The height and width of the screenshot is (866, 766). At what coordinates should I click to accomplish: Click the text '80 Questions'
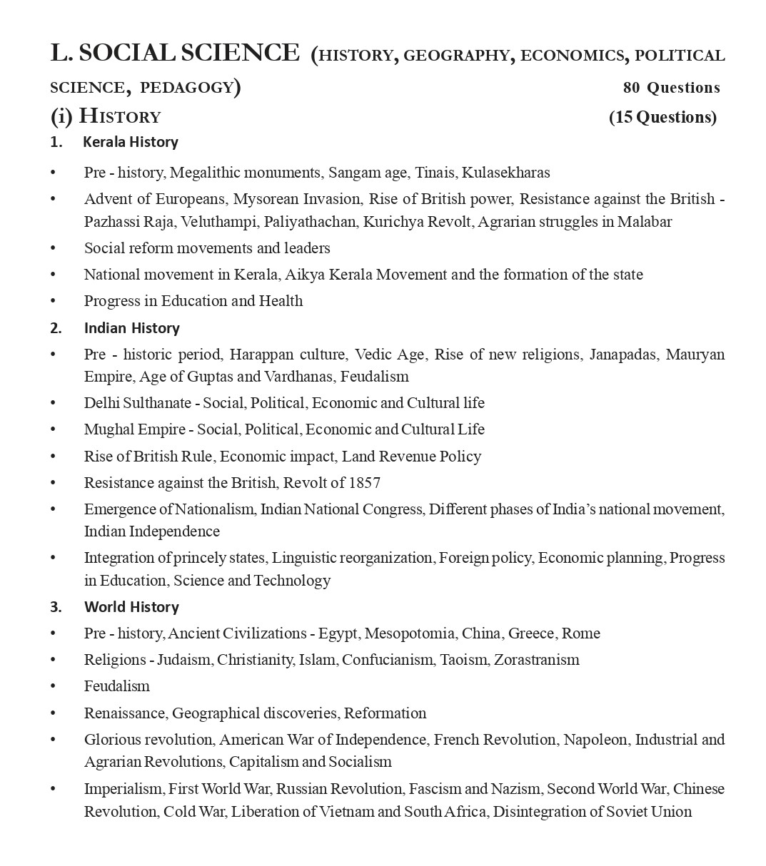(x=671, y=88)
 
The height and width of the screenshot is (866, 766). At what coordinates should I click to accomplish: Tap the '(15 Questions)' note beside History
(x=662, y=117)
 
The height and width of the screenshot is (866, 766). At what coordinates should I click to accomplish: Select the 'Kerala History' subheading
(x=131, y=142)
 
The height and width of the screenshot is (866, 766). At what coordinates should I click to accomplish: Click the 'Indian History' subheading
(x=131, y=328)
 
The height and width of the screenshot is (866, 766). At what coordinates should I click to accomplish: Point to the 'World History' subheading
(x=131, y=607)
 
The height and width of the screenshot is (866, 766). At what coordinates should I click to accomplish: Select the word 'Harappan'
(x=260, y=355)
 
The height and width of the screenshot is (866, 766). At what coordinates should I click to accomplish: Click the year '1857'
(x=365, y=483)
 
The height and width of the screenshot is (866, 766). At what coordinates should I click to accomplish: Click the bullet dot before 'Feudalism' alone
(x=53, y=686)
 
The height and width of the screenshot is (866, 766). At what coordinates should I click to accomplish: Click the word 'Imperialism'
(x=124, y=789)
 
